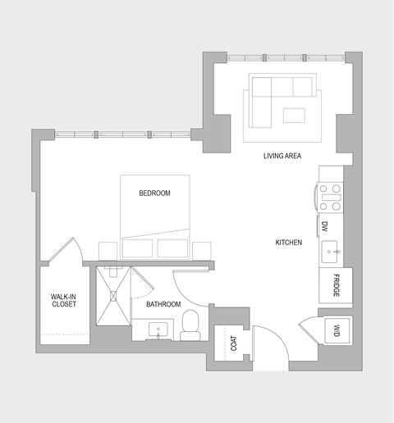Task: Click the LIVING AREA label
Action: click(281, 156)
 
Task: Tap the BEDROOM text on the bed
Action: click(154, 193)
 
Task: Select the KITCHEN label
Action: click(289, 243)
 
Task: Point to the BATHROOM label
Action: click(163, 304)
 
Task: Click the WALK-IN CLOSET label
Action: click(63, 300)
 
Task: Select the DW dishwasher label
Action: click(325, 226)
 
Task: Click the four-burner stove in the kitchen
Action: click(331, 197)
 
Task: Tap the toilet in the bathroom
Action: click(190, 325)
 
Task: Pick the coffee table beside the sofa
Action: click(295, 116)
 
